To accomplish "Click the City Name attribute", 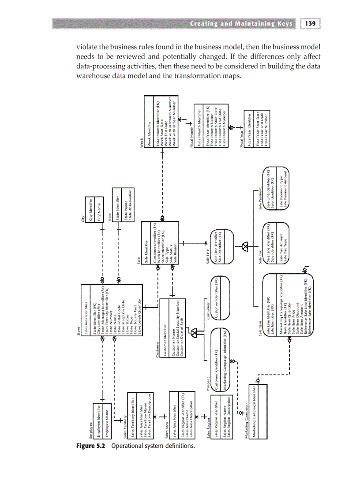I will coord(99,211).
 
